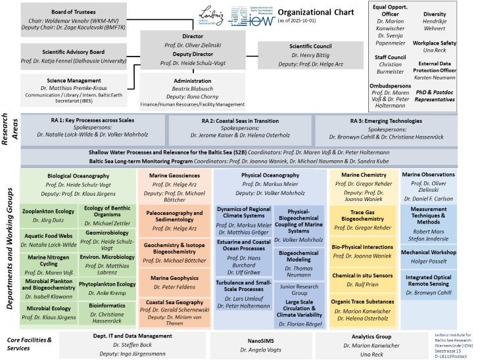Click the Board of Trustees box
coord(73,20)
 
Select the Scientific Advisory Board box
coord(73,55)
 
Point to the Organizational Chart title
coord(315,12)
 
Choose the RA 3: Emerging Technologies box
coord(386,127)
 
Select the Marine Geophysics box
coord(174,282)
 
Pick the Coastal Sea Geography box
coord(174,311)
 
